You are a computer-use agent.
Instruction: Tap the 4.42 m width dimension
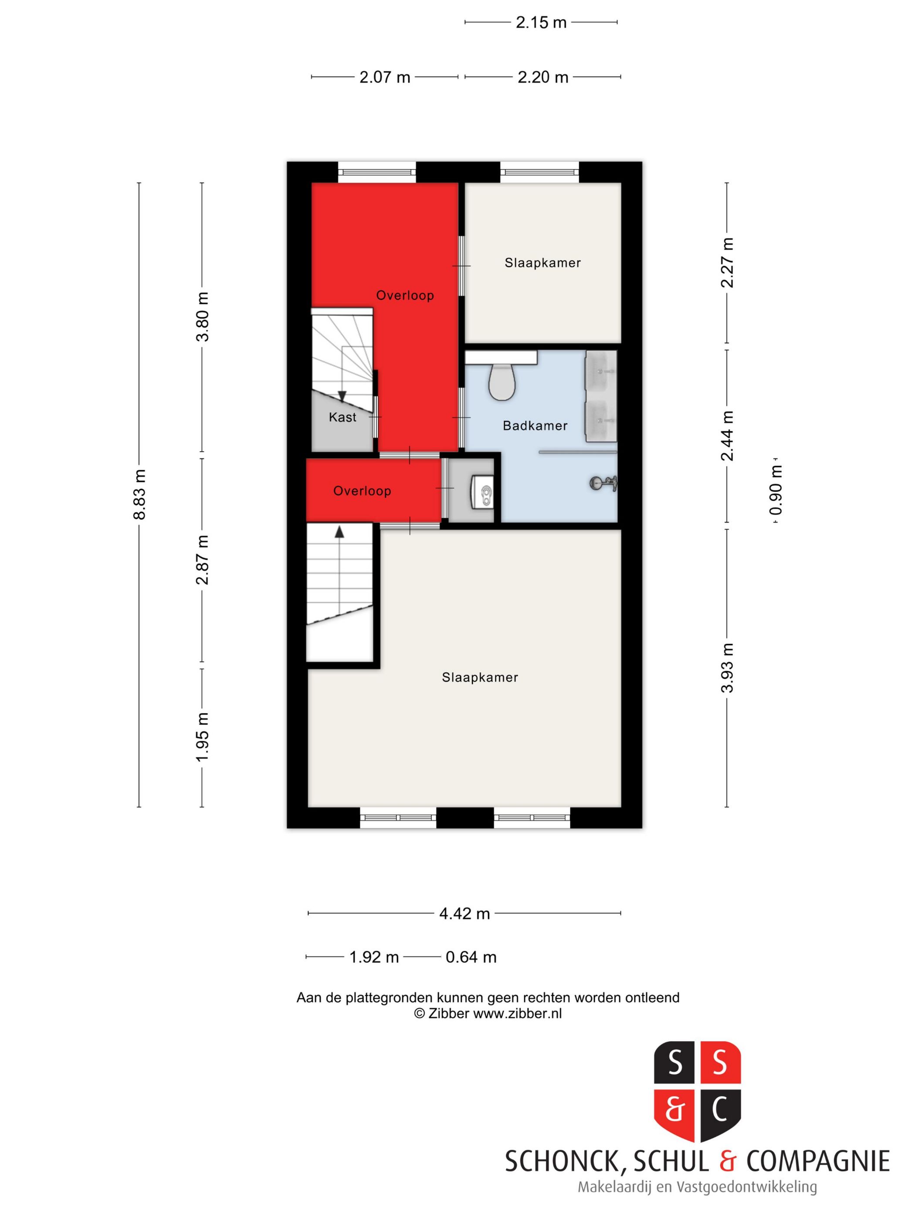(x=464, y=914)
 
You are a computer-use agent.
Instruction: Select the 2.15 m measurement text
(x=541, y=23)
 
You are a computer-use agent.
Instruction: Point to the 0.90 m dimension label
(x=776, y=490)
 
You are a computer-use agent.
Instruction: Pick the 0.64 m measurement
(x=471, y=957)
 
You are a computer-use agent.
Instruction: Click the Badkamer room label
(x=535, y=426)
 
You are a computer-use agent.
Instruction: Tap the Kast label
(x=342, y=417)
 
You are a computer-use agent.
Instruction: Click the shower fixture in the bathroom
(x=603, y=483)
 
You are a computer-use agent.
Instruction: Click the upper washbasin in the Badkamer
(x=600, y=371)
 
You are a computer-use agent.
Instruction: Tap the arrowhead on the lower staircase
(x=339, y=532)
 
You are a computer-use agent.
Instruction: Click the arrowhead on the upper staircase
(x=342, y=396)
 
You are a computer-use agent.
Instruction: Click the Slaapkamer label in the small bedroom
(x=543, y=263)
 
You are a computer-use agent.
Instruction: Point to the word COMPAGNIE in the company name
(x=818, y=1162)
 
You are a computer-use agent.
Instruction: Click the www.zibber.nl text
(x=517, y=1014)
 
